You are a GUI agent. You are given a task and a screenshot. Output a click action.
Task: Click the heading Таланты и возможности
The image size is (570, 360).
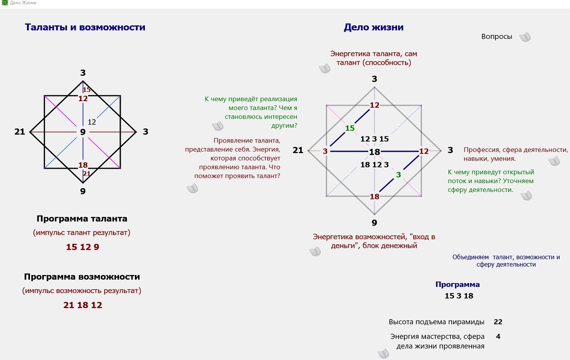coord(85,28)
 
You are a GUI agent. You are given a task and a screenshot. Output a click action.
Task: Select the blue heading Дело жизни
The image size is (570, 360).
coord(373,28)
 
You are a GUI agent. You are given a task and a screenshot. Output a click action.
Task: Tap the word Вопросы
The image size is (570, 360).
coord(496,37)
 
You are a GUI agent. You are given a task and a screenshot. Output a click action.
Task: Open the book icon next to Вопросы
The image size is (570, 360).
coord(524,37)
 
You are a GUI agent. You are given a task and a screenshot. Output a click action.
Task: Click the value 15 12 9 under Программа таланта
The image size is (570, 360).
coord(83,247)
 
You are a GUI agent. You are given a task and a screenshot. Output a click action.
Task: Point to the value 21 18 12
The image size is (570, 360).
coord(83,305)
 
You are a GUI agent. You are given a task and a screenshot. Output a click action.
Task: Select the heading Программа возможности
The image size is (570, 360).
coord(82,277)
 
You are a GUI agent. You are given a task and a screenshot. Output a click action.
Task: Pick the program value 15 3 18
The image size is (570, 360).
coord(458,296)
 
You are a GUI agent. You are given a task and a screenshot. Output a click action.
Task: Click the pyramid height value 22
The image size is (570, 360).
coord(498,322)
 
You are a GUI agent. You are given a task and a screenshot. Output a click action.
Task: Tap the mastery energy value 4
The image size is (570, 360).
coord(498,336)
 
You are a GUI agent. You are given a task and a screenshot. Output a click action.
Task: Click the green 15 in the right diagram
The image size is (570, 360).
coord(350,128)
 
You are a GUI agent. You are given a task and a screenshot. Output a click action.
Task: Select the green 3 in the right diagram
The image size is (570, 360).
coord(399,174)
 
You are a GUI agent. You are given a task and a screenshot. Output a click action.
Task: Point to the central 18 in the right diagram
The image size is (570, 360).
coord(374,152)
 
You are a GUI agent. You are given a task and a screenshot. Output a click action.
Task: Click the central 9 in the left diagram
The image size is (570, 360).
coord(83,132)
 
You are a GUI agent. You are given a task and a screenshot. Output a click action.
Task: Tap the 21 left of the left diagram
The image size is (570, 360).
coord(19,132)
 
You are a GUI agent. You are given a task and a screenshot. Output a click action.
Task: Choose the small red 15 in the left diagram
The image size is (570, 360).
coord(86,90)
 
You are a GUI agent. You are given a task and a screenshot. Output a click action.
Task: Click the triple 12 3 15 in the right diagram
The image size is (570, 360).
coord(374,139)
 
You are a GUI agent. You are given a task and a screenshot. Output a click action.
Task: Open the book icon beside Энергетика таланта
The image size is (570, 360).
coord(324,69)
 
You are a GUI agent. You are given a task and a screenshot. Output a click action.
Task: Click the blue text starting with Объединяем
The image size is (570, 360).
coord(506,261)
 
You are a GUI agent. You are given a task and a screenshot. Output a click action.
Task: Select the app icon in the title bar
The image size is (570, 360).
coord(5,3)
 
